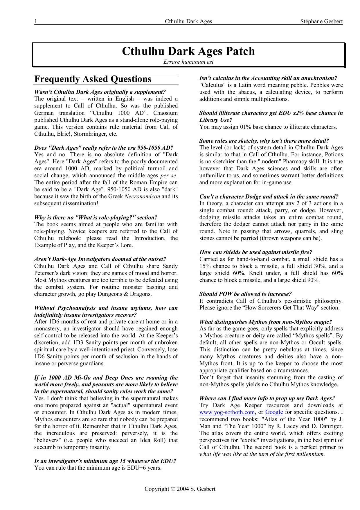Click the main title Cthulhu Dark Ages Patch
[x=188, y=51]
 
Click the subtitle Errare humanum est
[x=188, y=62]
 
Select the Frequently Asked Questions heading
[x=93, y=79]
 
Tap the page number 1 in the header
[x=36, y=21]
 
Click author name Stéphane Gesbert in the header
[x=322, y=21]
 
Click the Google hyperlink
[x=274, y=412]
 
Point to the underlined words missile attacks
[x=242, y=217]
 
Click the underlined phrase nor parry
[x=299, y=224]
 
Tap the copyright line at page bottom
[x=180, y=489]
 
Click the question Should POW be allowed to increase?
[x=245, y=294]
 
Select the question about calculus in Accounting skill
[x=268, y=78]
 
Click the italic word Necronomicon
[x=142, y=196]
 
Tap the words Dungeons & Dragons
[x=128, y=294]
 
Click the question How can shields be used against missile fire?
[x=255, y=252]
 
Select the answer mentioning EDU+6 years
[x=98, y=468]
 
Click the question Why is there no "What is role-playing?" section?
[x=96, y=217]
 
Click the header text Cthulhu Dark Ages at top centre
[x=188, y=21]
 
